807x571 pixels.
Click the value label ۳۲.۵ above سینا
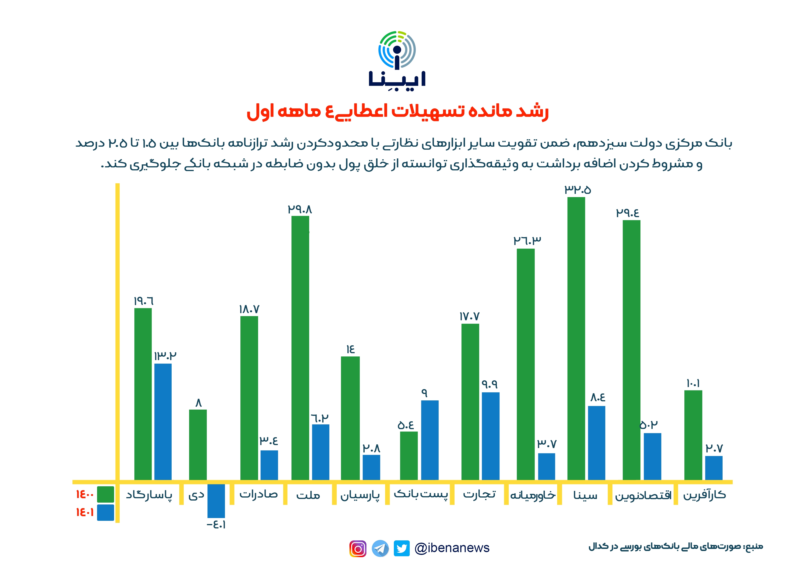[577, 190]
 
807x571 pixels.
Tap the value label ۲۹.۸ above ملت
[300, 210]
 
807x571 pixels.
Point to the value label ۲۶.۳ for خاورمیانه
[527, 241]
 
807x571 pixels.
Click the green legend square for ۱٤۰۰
[105, 494]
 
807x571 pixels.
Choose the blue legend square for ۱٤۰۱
[105, 512]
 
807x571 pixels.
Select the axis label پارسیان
[360, 495]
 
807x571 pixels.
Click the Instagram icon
[358, 548]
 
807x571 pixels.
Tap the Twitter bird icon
[401, 548]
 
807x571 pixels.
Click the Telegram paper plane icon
[380, 548]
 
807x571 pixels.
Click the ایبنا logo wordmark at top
[397, 79]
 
